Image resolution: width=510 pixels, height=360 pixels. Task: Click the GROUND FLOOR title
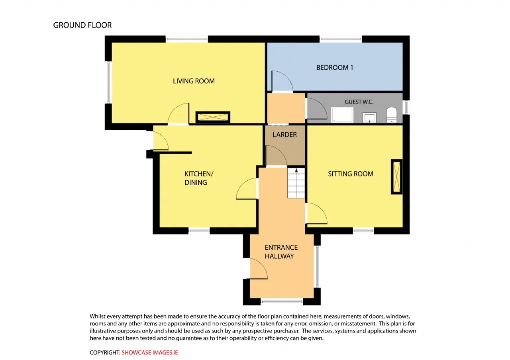(82, 25)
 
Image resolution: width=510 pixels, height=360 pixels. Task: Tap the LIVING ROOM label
(194, 81)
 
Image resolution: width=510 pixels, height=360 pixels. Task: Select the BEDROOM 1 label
(334, 67)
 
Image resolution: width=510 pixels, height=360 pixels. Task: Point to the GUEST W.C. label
(359, 102)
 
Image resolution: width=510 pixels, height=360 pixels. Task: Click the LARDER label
(284, 135)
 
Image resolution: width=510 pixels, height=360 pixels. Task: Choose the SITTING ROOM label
(350, 174)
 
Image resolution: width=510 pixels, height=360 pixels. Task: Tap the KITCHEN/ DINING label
(198, 178)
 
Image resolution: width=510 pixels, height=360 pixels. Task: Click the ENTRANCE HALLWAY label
(281, 252)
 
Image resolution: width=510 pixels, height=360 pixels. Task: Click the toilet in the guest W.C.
(392, 115)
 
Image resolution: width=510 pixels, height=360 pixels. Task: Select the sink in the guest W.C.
(369, 117)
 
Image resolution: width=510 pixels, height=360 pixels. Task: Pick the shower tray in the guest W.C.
(342, 115)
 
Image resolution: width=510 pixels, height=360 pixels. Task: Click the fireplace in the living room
(213, 117)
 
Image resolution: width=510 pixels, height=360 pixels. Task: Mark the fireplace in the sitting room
(396, 177)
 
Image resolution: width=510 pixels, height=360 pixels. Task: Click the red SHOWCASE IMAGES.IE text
(149, 352)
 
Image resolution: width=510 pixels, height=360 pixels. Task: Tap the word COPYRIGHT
(105, 352)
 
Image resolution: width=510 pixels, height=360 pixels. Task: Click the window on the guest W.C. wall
(406, 108)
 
